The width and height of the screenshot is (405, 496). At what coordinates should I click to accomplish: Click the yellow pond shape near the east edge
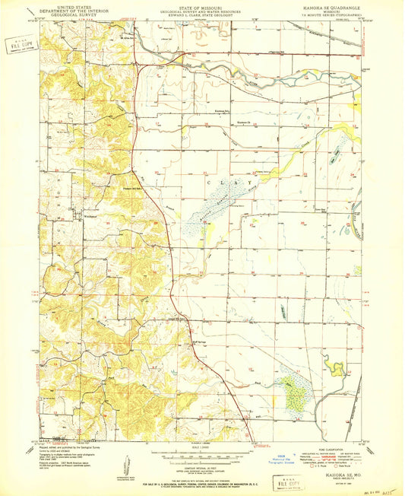pos(334,368)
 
